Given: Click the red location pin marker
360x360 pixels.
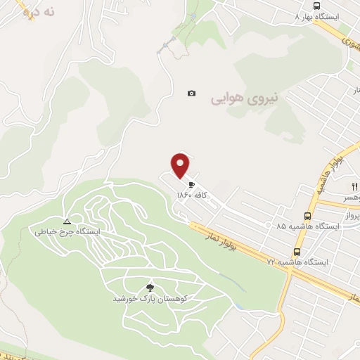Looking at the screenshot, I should click(181, 165).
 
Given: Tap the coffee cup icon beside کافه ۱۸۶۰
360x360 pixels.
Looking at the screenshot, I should click(191, 185).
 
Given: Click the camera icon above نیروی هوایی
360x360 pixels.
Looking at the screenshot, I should click(191, 94).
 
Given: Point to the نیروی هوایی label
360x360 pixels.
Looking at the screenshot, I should click(245, 99).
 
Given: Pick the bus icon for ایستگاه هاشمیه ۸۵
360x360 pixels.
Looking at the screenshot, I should click(307, 216).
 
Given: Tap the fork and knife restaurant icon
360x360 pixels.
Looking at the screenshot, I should click(354, 187).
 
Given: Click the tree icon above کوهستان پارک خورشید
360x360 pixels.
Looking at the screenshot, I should click(149, 288).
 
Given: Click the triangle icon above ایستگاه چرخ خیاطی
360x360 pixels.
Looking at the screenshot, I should click(67, 220).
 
